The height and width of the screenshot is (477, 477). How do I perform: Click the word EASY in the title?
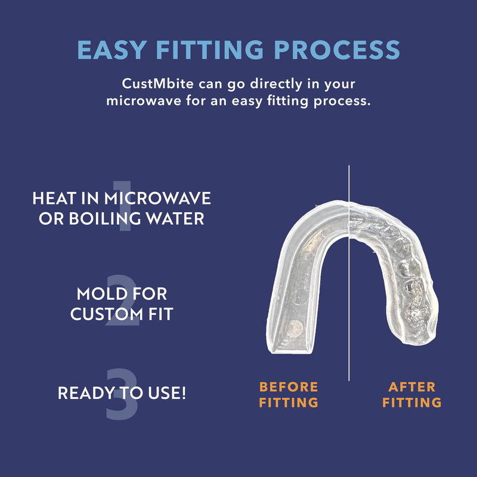[x=112, y=49]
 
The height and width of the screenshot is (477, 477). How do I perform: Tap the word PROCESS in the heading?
[x=337, y=49]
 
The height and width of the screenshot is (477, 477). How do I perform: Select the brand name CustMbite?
[x=157, y=83]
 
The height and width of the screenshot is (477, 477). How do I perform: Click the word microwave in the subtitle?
[x=144, y=101]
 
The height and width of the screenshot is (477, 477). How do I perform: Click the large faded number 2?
[x=122, y=300]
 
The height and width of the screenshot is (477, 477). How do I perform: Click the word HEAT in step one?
[x=54, y=199]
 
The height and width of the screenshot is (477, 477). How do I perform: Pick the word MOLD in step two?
[x=102, y=294]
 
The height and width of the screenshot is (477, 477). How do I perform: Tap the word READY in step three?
[x=86, y=393]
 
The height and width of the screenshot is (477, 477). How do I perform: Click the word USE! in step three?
[x=167, y=393]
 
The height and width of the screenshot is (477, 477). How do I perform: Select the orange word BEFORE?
[x=289, y=387]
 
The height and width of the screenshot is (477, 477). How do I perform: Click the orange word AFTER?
[x=412, y=387]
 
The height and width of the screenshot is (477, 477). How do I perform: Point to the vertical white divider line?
[x=349, y=273]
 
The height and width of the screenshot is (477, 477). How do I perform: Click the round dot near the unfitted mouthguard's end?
[x=295, y=329]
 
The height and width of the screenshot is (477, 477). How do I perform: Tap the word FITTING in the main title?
[x=210, y=49]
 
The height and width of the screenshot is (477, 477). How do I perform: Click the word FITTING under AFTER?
[x=412, y=402]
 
